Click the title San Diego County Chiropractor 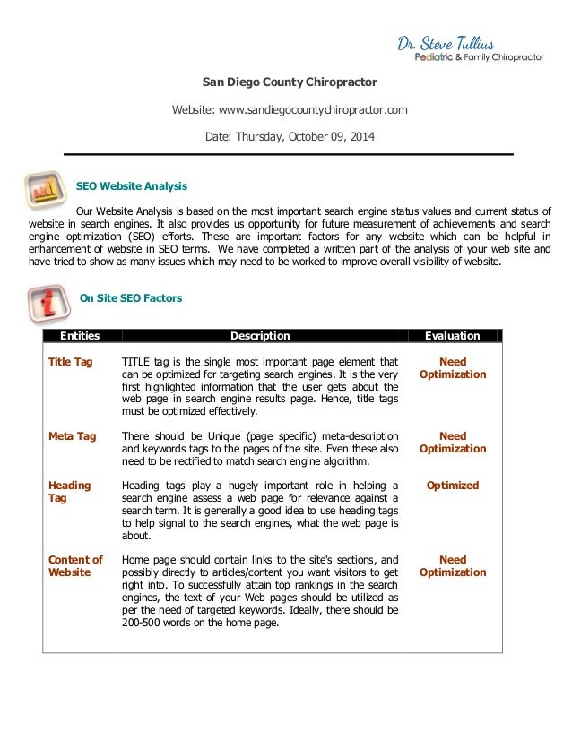(289, 83)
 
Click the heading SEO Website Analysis (131, 186)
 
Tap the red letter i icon (46, 302)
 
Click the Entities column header (80, 336)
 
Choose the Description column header (260, 336)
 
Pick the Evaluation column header (453, 336)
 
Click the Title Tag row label (72, 362)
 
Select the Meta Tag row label (72, 436)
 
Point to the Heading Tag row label (69, 491)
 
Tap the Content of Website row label (75, 565)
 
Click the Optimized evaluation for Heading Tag (453, 486)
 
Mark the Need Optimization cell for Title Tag (453, 368)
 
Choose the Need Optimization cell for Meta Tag (453, 443)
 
